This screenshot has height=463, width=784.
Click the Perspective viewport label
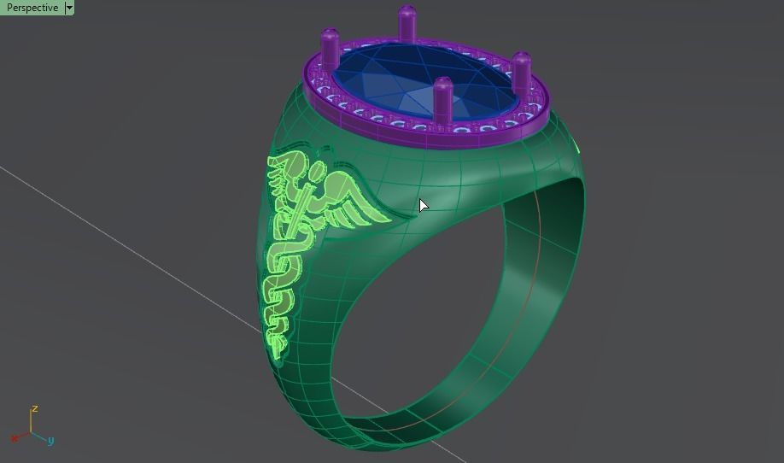[x=32, y=8]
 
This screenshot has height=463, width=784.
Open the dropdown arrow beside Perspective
[x=69, y=8]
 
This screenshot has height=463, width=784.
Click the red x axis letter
[x=15, y=437]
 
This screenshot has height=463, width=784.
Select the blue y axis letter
[x=50, y=440]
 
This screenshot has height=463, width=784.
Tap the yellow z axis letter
[x=34, y=409]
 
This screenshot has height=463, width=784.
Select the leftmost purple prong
[x=330, y=49]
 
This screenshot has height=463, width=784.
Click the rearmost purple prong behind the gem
[x=407, y=23]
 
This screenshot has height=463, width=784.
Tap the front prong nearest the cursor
[x=442, y=101]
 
